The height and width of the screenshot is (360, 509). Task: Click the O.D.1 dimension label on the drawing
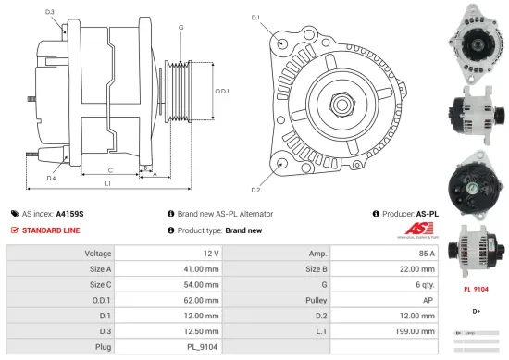click(x=222, y=91)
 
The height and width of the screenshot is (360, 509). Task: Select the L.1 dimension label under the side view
click(x=107, y=184)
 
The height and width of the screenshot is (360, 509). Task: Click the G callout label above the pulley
click(x=180, y=28)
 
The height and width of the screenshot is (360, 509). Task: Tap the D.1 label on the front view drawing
click(x=255, y=17)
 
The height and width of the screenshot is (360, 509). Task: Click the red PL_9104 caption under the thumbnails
click(x=475, y=288)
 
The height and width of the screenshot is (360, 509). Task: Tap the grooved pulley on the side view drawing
click(x=177, y=93)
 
